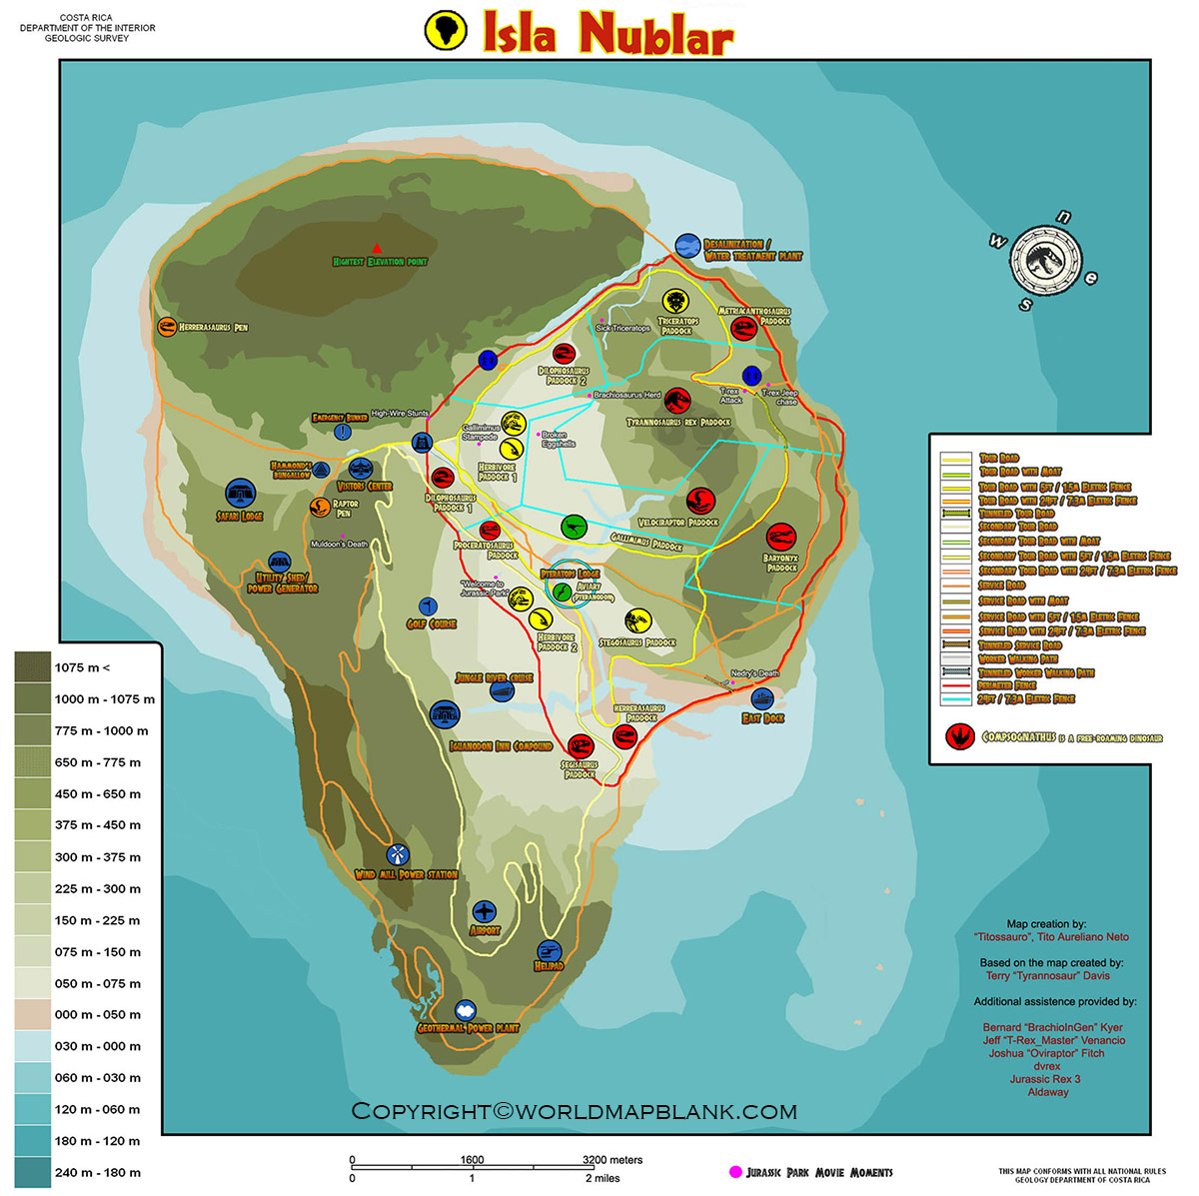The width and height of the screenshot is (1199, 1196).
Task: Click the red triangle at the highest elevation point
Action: (x=377, y=247)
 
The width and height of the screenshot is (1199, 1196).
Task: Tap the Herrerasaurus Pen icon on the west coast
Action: (x=166, y=327)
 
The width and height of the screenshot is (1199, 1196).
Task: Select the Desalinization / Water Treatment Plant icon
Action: (x=687, y=246)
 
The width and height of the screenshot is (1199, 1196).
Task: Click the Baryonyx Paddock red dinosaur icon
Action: (x=780, y=538)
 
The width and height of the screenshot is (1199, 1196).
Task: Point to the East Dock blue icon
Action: (x=762, y=699)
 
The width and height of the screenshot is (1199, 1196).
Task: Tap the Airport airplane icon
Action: (x=485, y=911)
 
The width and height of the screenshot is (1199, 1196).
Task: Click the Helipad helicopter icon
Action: (x=549, y=950)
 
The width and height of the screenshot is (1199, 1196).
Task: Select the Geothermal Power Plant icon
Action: (x=466, y=1011)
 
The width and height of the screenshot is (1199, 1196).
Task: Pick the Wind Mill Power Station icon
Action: (x=398, y=855)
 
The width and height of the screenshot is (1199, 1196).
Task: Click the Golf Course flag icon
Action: (x=428, y=605)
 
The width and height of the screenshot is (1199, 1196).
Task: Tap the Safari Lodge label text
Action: (x=240, y=517)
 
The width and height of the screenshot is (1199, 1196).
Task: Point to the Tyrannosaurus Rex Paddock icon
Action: (x=677, y=401)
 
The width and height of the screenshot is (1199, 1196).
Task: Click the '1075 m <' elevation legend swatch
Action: (x=33, y=667)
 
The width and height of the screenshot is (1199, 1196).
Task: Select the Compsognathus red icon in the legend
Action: (x=960, y=737)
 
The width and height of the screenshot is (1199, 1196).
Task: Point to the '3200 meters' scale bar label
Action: (x=612, y=1160)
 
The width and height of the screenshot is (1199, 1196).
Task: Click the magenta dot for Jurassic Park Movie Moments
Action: (x=735, y=1172)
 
